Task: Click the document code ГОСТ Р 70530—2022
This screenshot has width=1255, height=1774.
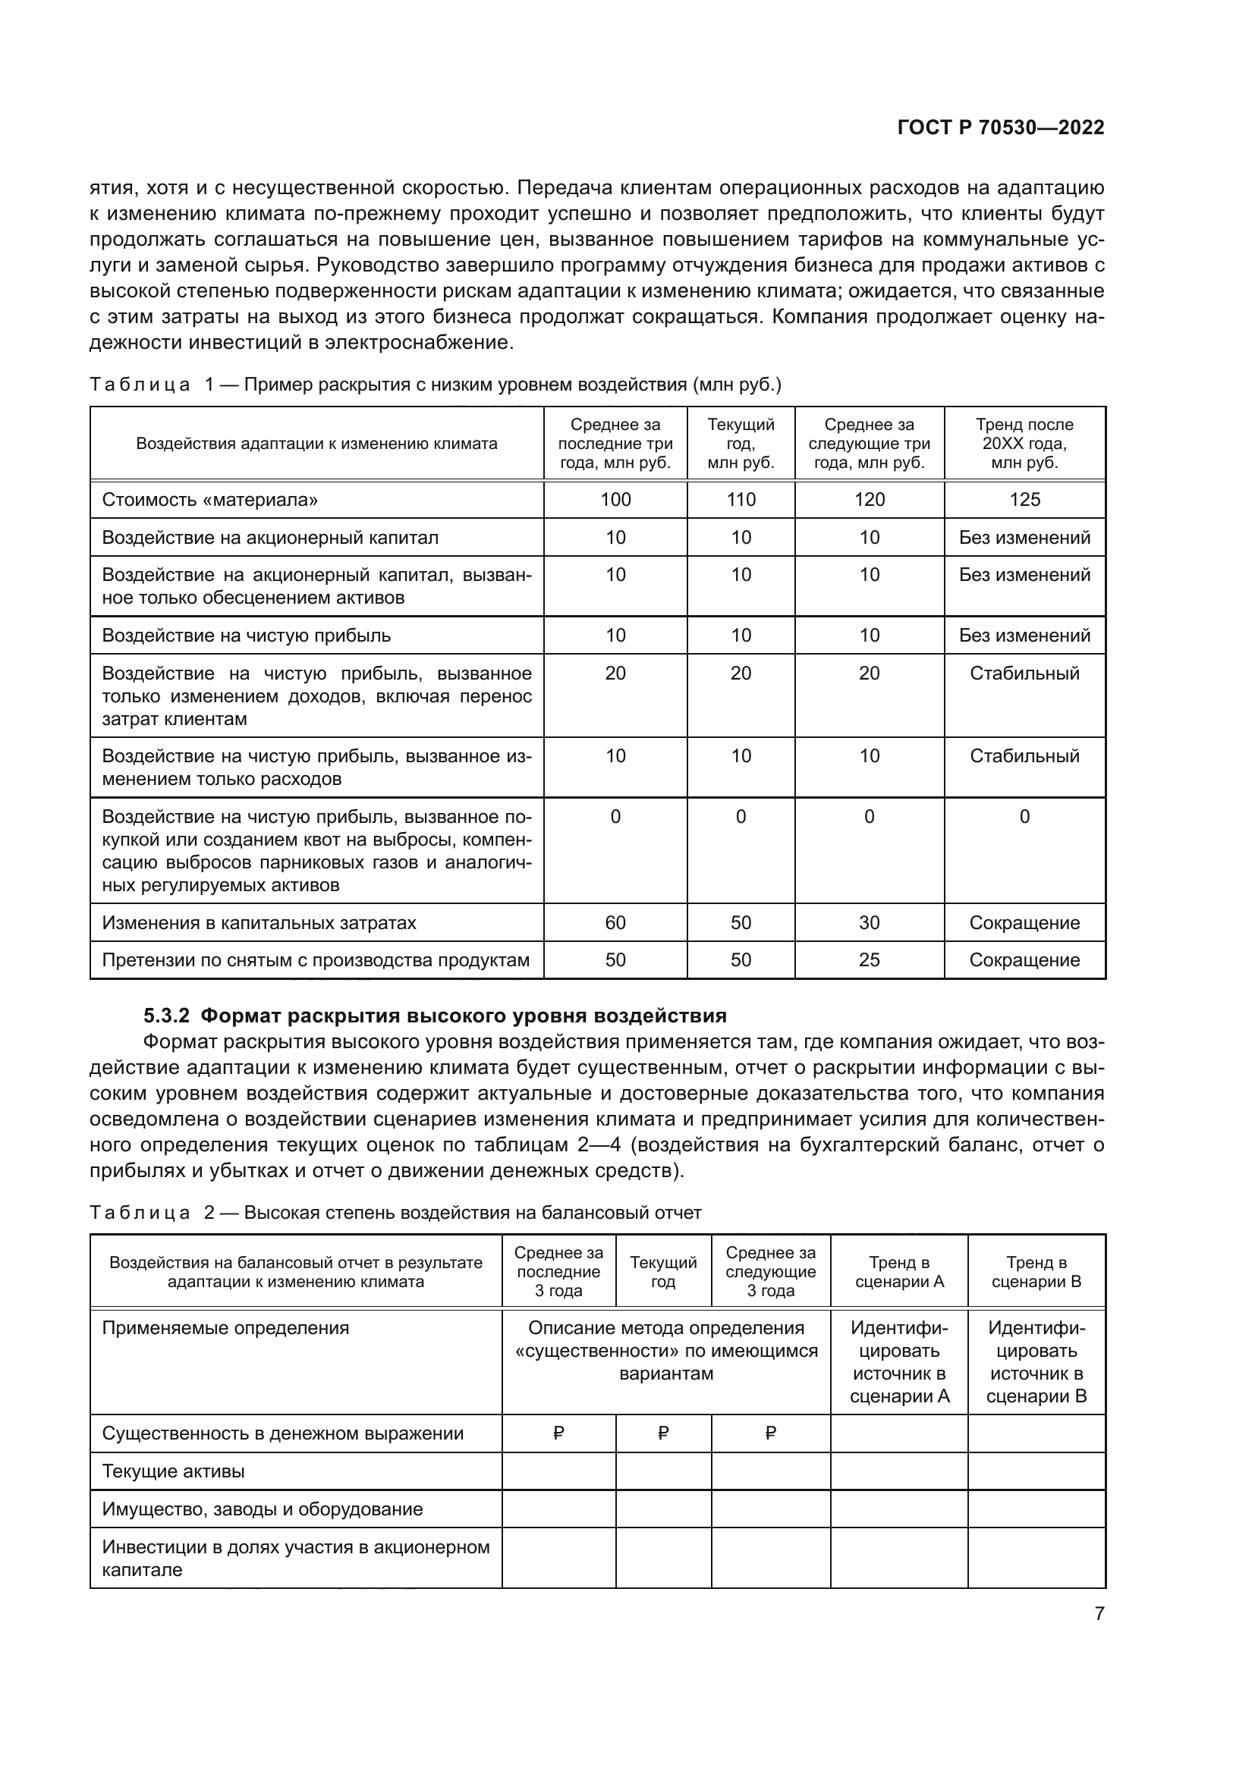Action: [x=1001, y=127]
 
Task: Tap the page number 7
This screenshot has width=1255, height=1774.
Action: [x=1099, y=1613]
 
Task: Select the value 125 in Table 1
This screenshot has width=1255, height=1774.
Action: [x=1024, y=499]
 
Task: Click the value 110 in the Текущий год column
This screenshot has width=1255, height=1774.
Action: [x=741, y=499]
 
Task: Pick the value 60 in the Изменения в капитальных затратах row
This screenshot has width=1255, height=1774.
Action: [x=615, y=922]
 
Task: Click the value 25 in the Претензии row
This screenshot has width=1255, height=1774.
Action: [x=869, y=959]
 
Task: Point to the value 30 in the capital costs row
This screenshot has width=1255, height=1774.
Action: [x=869, y=922]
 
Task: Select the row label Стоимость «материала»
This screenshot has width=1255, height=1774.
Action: [x=209, y=499]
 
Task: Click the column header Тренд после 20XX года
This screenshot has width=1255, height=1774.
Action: [x=1024, y=444]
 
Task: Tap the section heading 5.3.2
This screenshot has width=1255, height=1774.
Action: [x=435, y=1016]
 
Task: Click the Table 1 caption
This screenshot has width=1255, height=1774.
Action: [x=435, y=385]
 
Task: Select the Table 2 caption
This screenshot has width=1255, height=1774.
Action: [x=395, y=1212]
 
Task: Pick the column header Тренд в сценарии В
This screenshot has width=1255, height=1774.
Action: [x=1036, y=1272]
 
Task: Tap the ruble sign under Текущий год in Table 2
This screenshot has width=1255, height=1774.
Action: [x=663, y=1433]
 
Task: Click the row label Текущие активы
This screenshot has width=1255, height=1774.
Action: [x=173, y=1471]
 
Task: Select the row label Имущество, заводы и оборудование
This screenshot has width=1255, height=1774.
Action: [x=262, y=1509]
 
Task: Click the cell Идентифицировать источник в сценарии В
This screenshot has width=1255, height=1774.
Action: [x=1036, y=1361]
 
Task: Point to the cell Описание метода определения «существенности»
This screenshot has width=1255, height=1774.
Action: [x=665, y=1351]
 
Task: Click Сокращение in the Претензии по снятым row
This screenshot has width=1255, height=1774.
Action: [x=1024, y=959]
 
